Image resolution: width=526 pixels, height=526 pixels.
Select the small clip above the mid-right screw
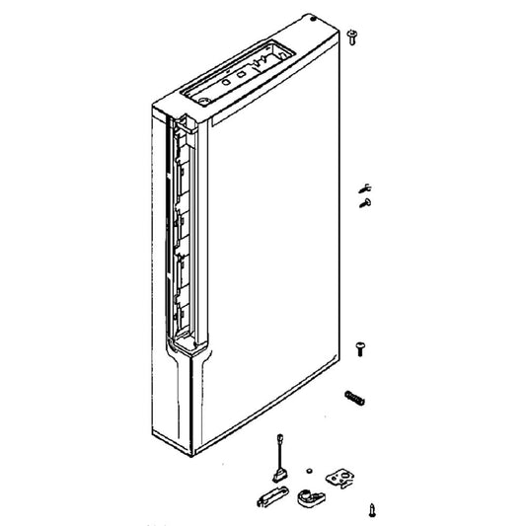coord(363,187)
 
